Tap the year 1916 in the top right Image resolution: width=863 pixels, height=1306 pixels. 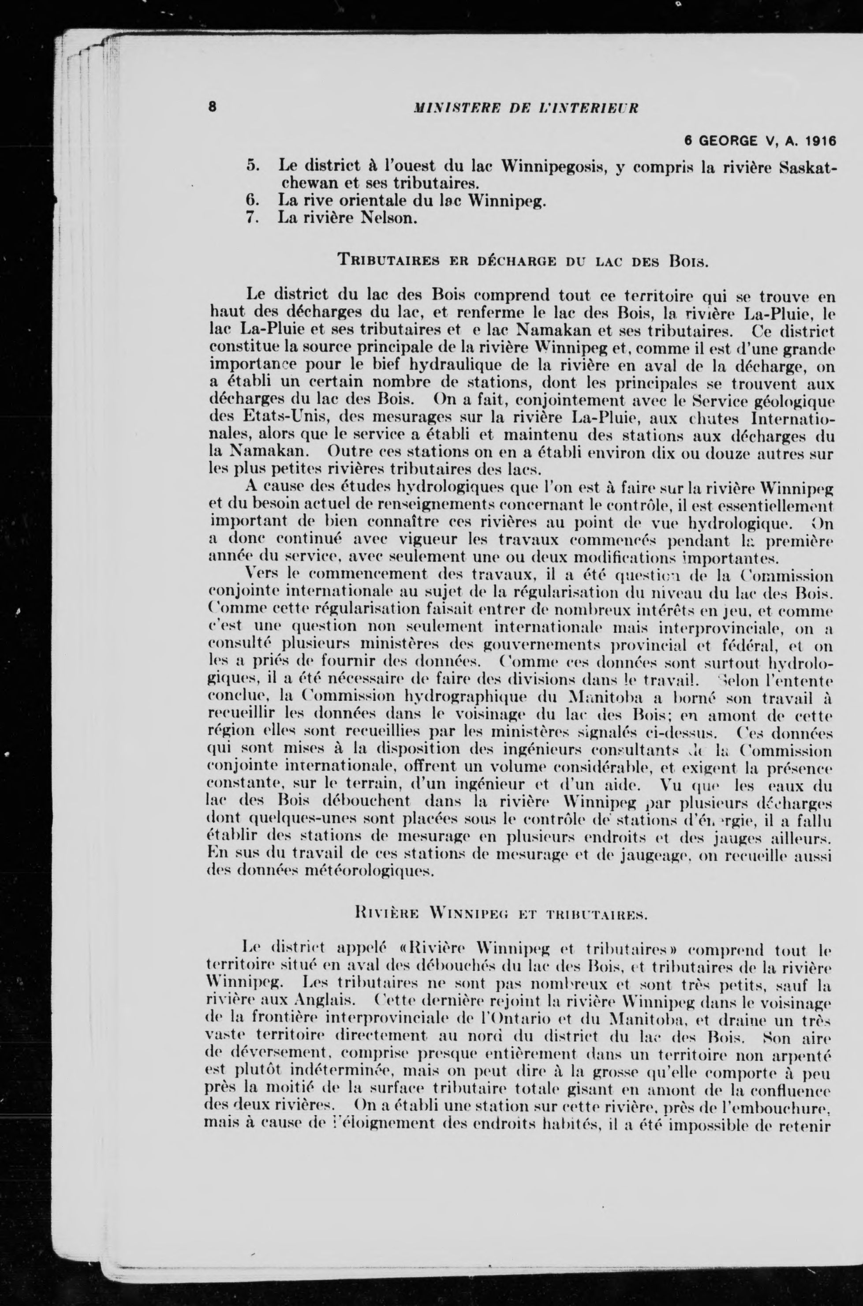point(819,140)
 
